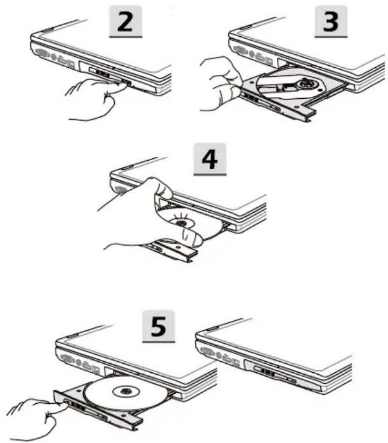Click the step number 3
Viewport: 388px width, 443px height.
pos(331,21)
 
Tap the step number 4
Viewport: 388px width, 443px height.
pos(210,159)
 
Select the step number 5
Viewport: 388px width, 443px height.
pos(158,326)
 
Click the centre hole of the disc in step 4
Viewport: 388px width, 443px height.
pos(181,224)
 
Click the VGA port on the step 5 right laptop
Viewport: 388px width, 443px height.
pos(208,351)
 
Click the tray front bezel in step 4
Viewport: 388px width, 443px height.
pos(170,249)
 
